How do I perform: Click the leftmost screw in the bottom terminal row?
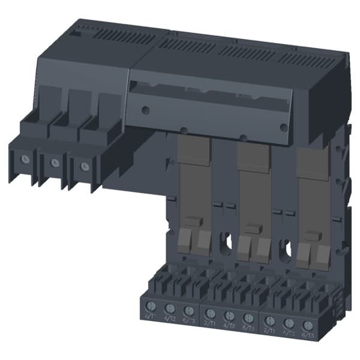click(x=151, y=307)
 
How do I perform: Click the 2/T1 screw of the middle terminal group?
click(x=209, y=313)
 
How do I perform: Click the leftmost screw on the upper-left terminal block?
click(x=24, y=159)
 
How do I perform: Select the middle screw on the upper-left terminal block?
click(x=54, y=161)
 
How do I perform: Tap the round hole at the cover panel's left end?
click(x=144, y=110)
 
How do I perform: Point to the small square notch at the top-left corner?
click(x=74, y=34)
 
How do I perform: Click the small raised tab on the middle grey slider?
click(x=252, y=229)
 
